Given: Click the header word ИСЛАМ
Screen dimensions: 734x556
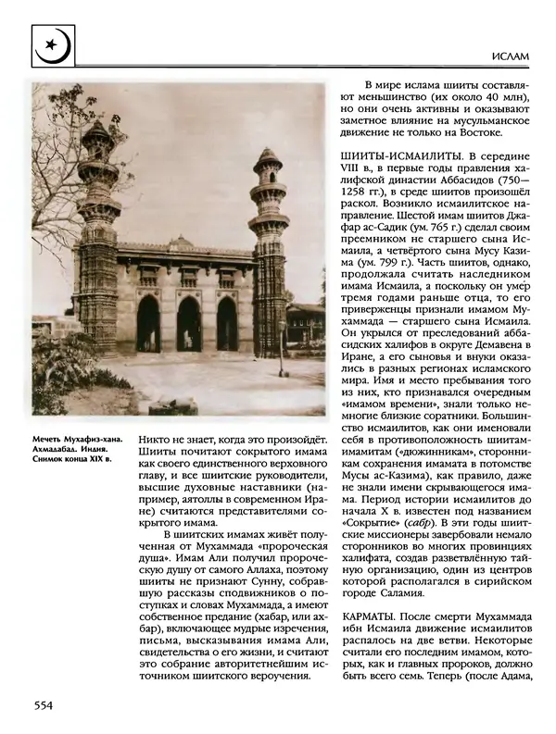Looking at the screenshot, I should point(509,57).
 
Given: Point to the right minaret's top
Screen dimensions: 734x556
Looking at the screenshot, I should point(268,153).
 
